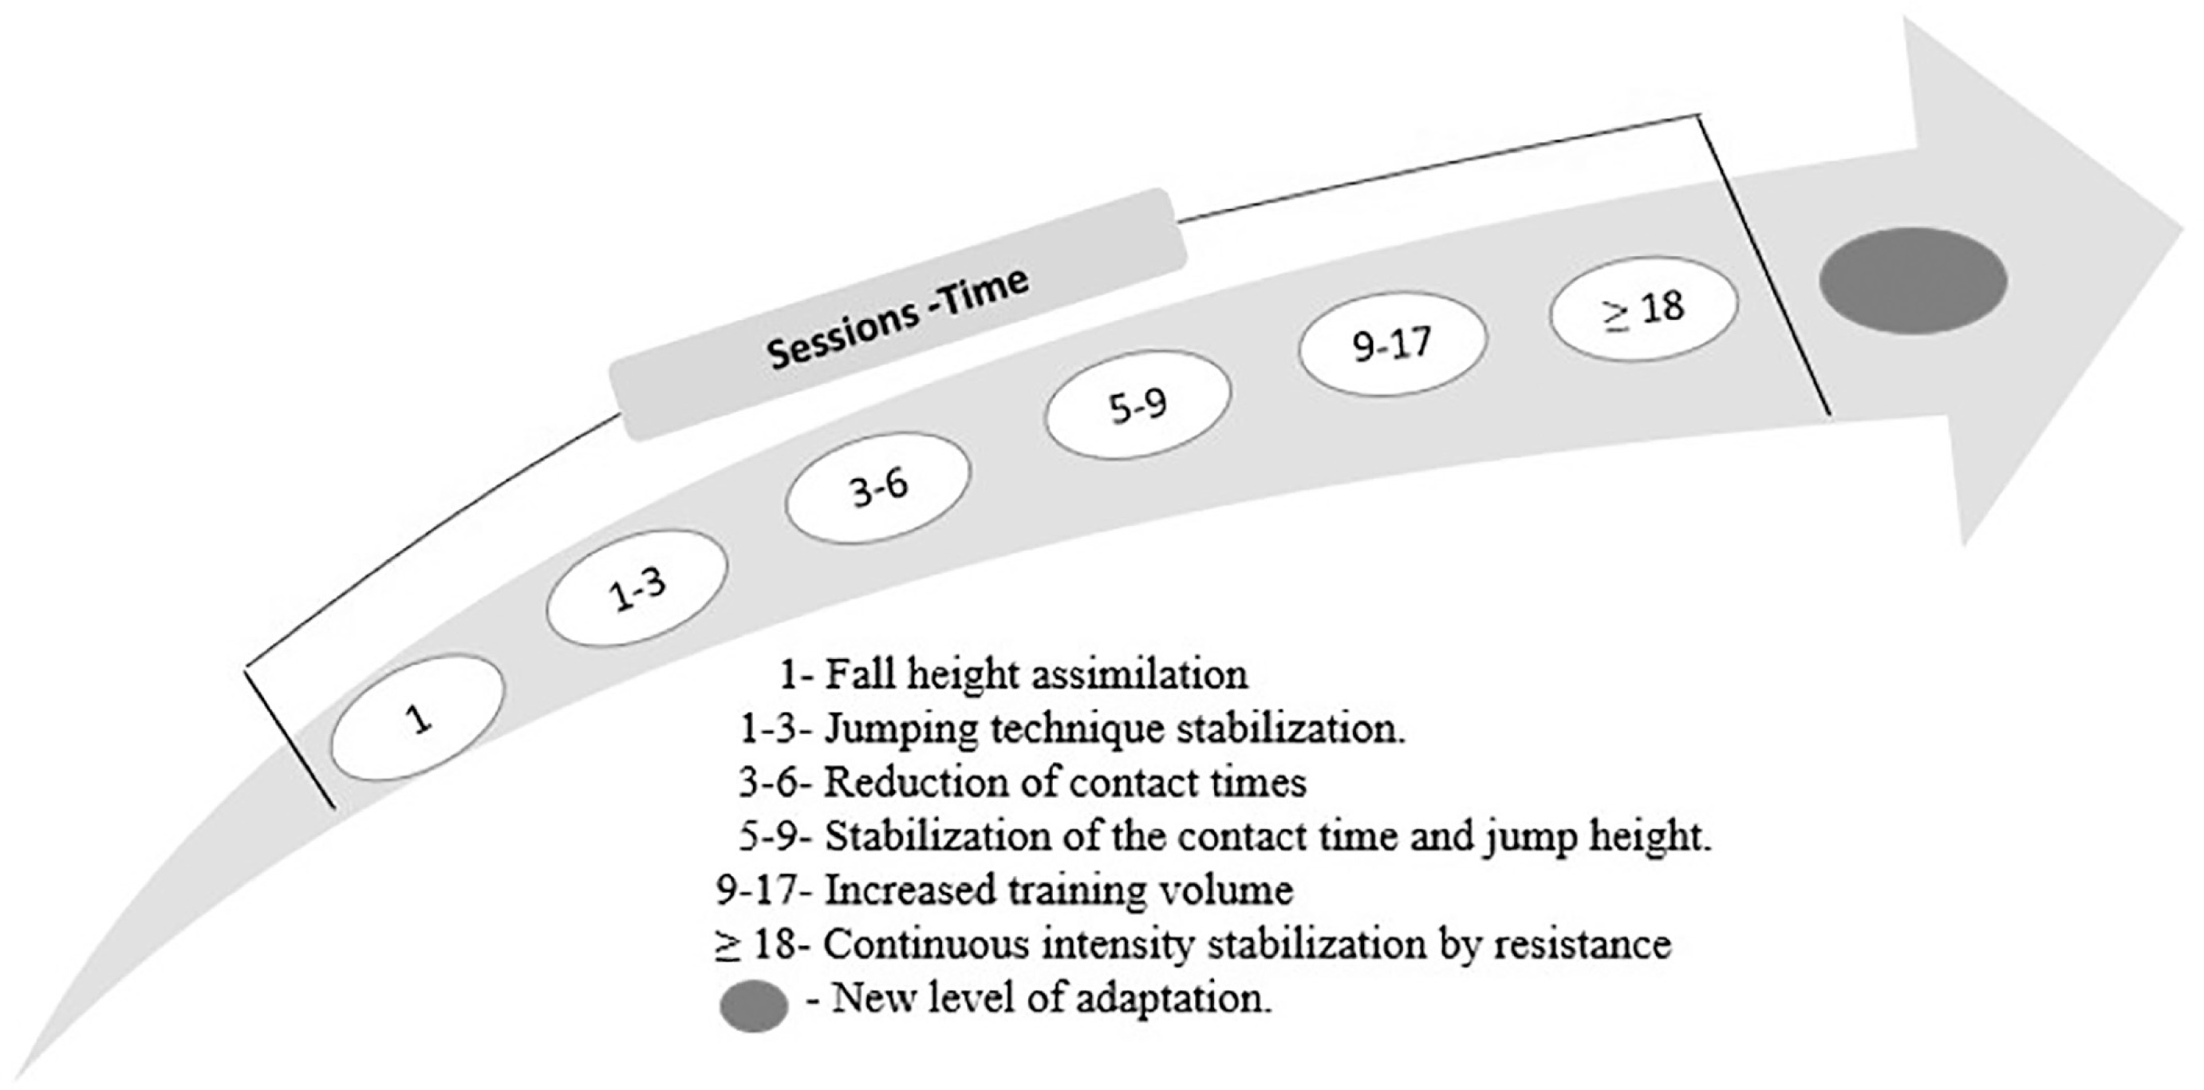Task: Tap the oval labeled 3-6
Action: pos(877,488)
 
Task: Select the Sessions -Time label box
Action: pos(897,315)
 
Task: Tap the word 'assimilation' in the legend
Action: pos(1140,675)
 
